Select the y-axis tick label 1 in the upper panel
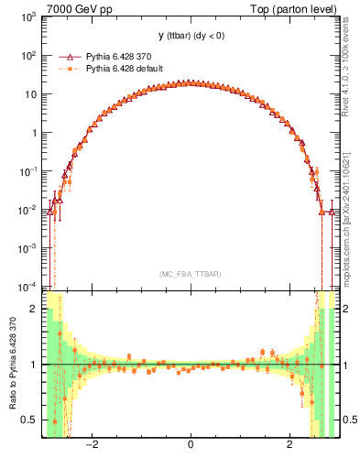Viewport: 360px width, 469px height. (33, 133)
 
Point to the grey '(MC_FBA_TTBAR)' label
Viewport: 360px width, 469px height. (190, 274)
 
